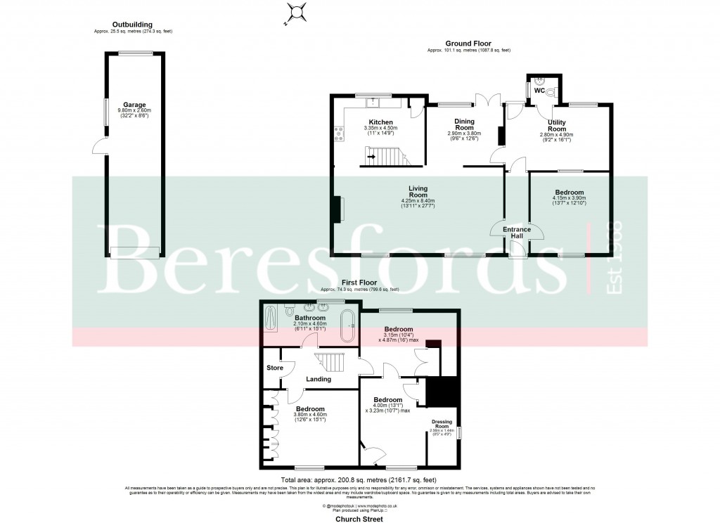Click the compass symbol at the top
click(x=297, y=12)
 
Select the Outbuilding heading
click(x=132, y=25)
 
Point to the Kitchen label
click(x=380, y=122)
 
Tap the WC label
click(x=539, y=91)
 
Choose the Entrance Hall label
click(x=516, y=233)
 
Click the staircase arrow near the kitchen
click(x=371, y=156)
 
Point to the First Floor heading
click(x=359, y=283)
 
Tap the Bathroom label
click(x=309, y=318)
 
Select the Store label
click(x=274, y=368)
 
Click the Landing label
click(x=319, y=380)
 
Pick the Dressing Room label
click(x=441, y=424)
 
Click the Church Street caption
click(x=359, y=519)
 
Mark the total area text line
click(x=359, y=479)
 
